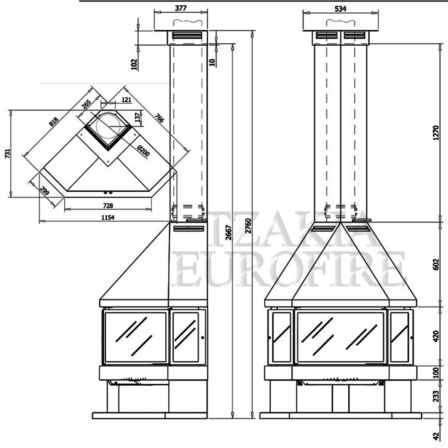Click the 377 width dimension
pos(181,8)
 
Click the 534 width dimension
pos(340,9)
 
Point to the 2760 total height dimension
pos(249,226)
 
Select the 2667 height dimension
pos(228,233)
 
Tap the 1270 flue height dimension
pos(436,133)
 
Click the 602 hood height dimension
pos(436,264)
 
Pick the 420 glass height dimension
pos(436,336)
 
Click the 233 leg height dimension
pos(436,396)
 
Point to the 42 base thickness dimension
pos(436,436)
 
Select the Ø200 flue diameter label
pos(143,151)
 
